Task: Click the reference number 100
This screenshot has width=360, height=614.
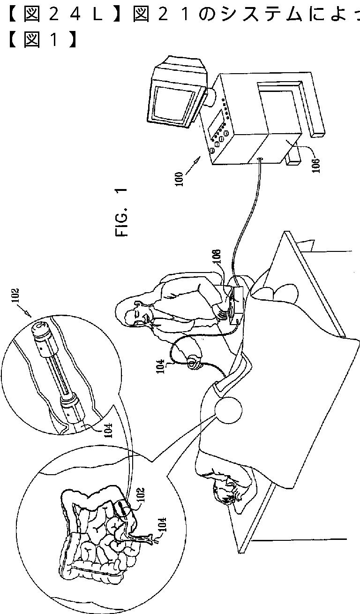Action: click(x=180, y=179)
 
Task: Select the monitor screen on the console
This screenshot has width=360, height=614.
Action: click(x=174, y=103)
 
